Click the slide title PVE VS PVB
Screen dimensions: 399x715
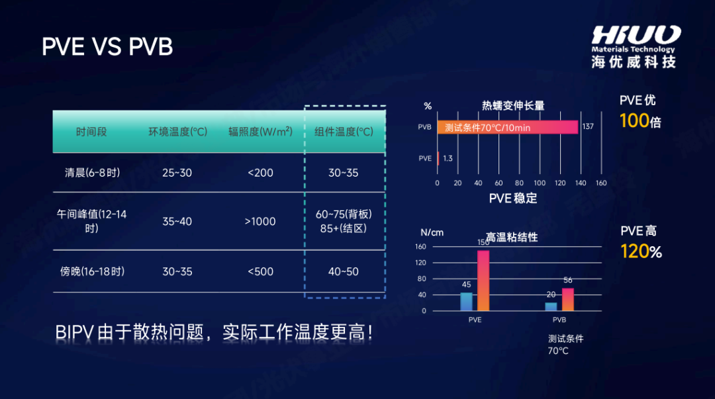[x=107, y=47]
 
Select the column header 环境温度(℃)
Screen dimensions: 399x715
[x=177, y=132]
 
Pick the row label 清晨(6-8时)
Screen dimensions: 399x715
[x=92, y=173]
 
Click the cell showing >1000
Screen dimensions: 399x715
[x=260, y=222]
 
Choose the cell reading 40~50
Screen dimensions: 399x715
[x=344, y=271]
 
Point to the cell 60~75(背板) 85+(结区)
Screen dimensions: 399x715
[x=344, y=222]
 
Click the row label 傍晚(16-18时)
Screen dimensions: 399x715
[x=92, y=271]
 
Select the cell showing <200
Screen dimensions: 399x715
[x=260, y=173]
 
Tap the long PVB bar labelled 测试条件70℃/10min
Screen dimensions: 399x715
[x=507, y=127]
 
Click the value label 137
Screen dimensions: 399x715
[x=587, y=127]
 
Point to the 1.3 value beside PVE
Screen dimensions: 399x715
[x=448, y=159]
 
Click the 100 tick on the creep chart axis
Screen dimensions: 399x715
[x=540, y=183]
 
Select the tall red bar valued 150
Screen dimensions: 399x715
[x=483, y=280]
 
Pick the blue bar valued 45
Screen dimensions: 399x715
[x=467, y=302]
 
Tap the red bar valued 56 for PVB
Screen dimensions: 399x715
[x=567, y=299]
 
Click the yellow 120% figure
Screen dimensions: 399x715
[x=641, y=252]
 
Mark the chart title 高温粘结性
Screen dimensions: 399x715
[x=512, y=237]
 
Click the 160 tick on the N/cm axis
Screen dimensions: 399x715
[x=421, y=247]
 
